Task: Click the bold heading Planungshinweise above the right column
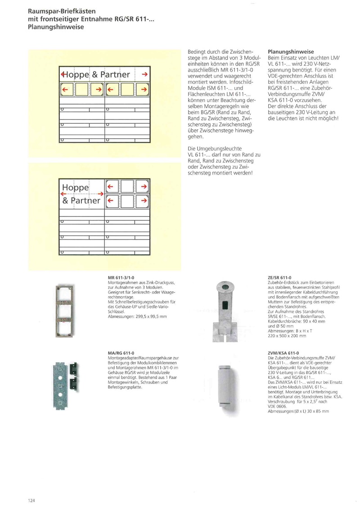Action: click(291, 52)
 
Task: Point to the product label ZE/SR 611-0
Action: click(279, 278)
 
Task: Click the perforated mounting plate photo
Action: click(62, 377)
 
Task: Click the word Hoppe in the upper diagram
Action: click(77, 74)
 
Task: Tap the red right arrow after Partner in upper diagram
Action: click(145, 74)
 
